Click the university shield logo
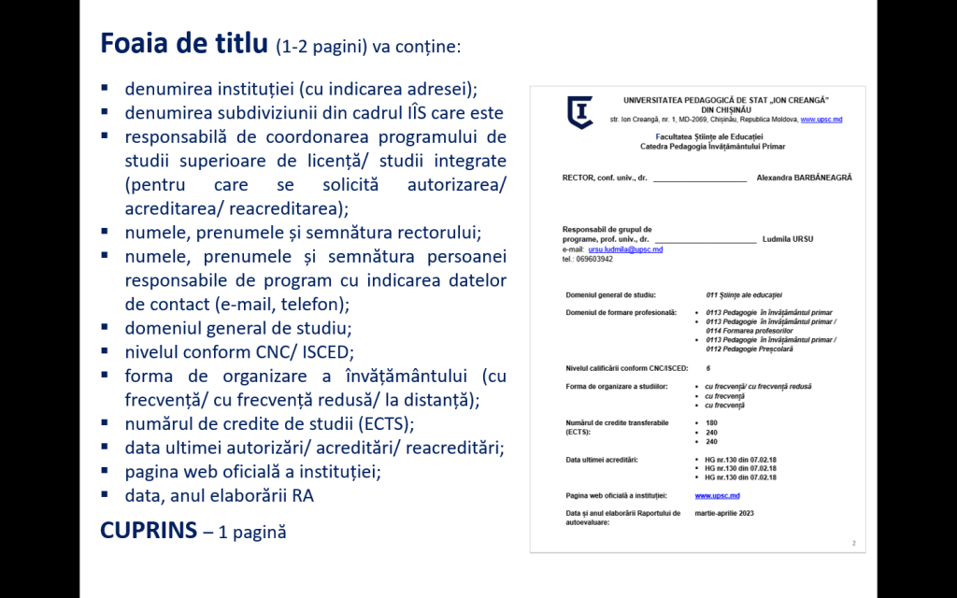pos(580,112)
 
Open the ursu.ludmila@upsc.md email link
pos(625,249)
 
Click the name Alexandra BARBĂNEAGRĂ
pos(804,178)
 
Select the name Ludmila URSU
pos(788,239)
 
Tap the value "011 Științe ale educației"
pos(744,294)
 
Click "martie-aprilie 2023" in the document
pos(723,514)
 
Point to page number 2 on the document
pos(852,542)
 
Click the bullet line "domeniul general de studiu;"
pos(238,329)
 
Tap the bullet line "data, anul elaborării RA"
pos(219,495)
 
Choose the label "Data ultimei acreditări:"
pos(601,460)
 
